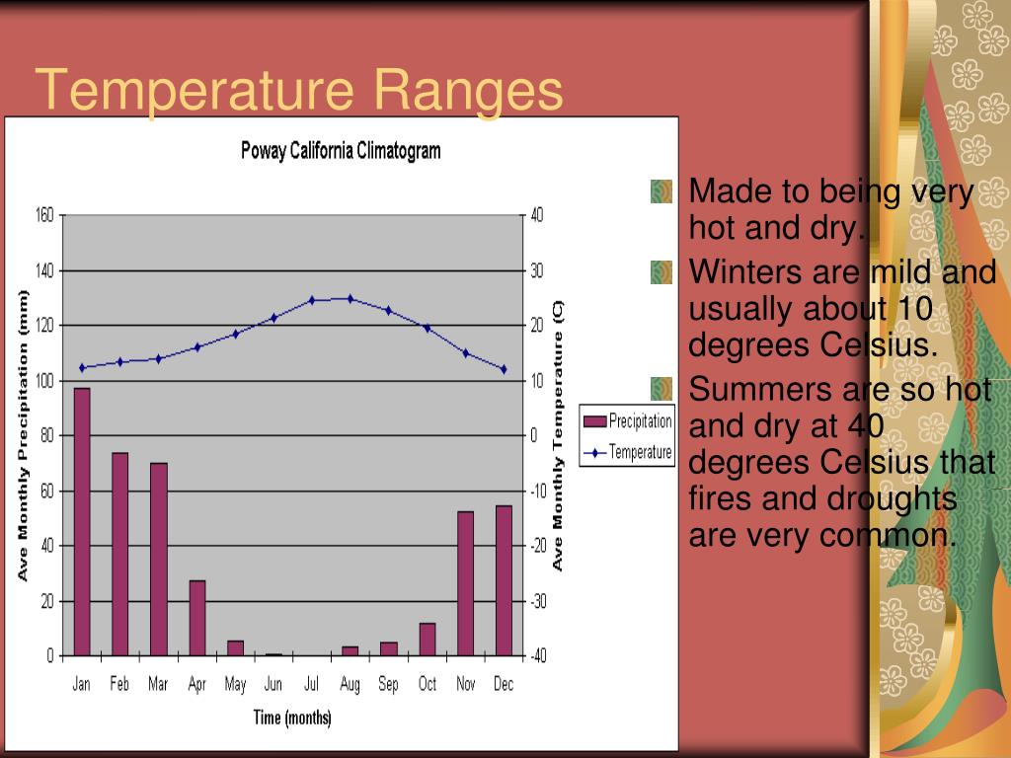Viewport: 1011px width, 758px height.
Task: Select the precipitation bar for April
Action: tap(197, 618)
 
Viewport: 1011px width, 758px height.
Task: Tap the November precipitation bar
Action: tap(466, 583)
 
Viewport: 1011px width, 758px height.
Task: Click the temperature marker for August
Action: tap(350, 298)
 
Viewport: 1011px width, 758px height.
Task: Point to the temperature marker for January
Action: tap(82, 368)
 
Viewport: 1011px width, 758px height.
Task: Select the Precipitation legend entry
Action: tap(628, 421)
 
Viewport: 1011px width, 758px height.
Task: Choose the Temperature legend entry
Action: tap(628, 453)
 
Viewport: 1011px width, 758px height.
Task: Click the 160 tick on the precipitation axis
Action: tap(44, 215)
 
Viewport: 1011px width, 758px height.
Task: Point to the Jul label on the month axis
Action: tap(312, 684)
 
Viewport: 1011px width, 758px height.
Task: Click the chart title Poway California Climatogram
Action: tap(341, 151)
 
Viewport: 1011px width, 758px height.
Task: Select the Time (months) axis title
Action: tap(293, 718)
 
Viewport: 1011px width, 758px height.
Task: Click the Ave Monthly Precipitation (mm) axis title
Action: tap(23, 435)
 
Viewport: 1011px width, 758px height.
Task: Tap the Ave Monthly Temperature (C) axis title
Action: tap(558, 435)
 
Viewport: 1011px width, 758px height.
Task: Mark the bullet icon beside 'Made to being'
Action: tap(661, 190)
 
